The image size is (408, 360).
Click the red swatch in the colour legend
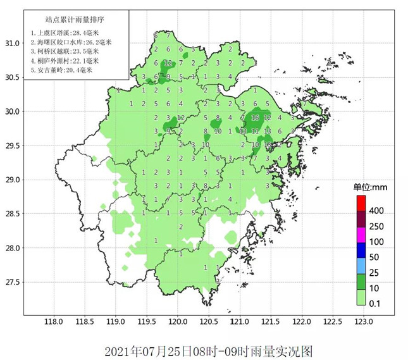click(361, 203)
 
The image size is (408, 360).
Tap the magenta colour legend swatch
click(361, 235)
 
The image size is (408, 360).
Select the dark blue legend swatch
click(361, 250)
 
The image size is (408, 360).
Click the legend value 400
click(377, 211)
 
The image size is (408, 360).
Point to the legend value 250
click(377, 227)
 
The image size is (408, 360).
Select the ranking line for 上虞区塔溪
click(64, 32)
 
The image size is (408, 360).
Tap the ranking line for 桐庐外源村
click(64, 61)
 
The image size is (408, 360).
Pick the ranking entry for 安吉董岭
click(61, 70)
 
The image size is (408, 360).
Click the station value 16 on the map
click(255, 118)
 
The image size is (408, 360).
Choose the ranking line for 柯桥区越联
click(64, 51)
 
